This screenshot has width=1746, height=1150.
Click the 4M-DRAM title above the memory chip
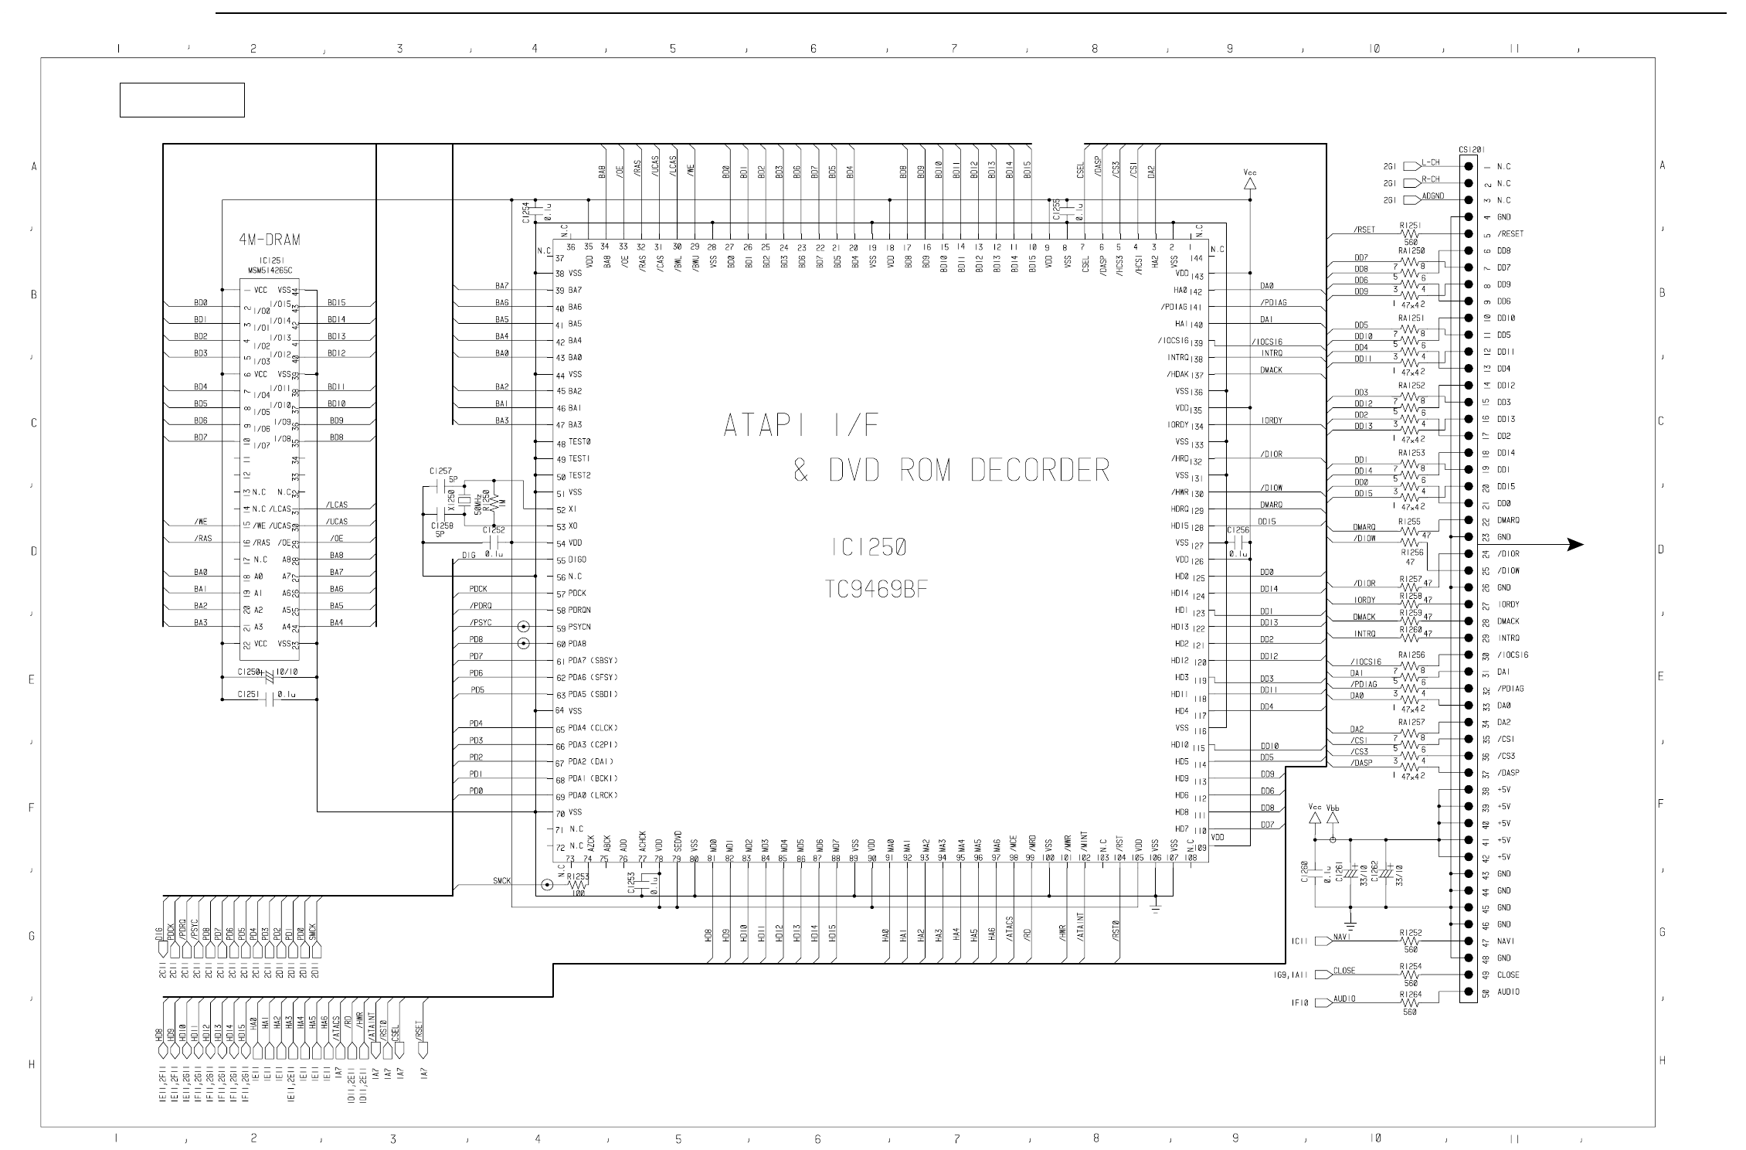(x=270, y=240)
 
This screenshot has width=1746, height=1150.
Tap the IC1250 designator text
(x=869, y=548)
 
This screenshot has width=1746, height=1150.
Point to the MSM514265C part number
(x=269, y=270)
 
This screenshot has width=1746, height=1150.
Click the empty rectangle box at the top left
(x=182, y=100)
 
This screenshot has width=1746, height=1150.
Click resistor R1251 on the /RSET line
(x=1410, y=233)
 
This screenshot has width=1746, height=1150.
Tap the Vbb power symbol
(x=1333, y=816)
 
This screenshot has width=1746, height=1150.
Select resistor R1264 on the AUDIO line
(x=1410, y=1003)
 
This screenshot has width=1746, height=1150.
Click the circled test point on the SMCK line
(x=547, y=885)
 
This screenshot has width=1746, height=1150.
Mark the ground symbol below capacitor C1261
(x=1350, y=924)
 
